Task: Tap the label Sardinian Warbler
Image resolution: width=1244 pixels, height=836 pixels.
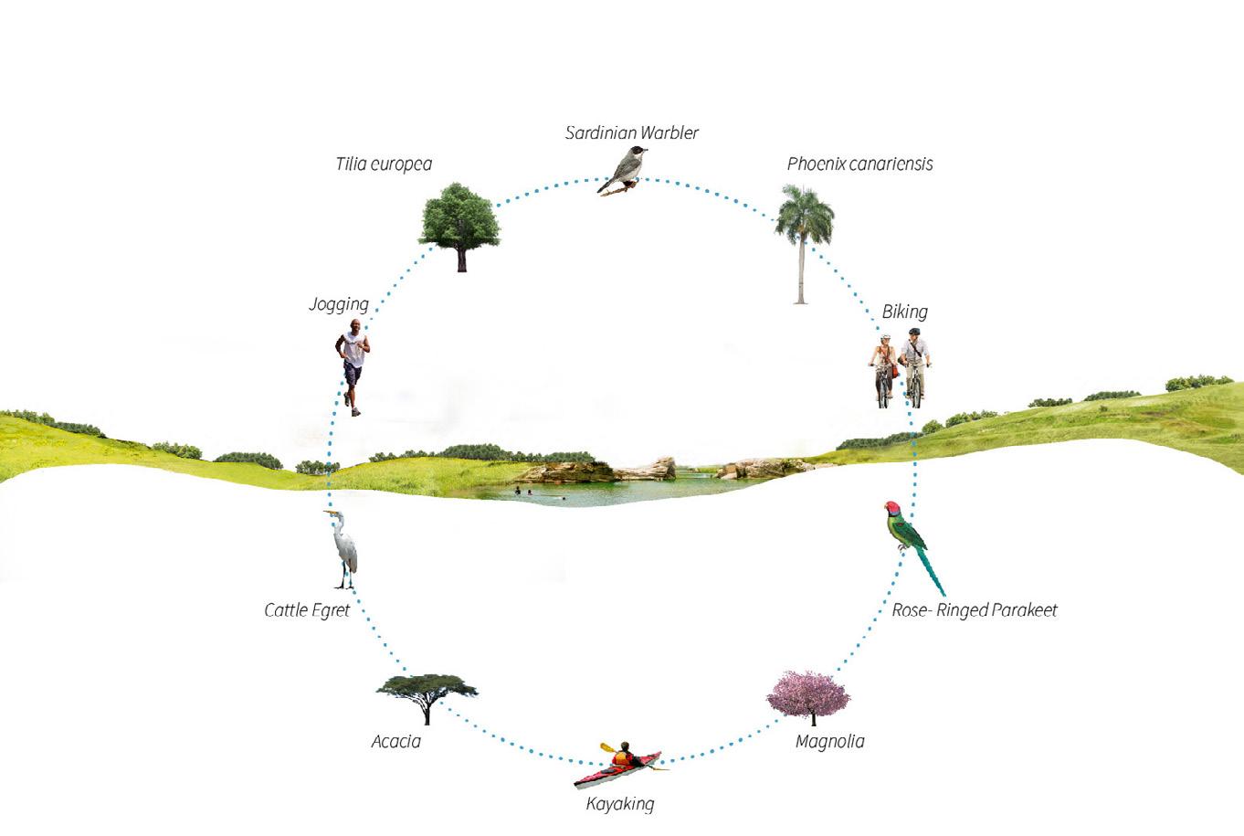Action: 631,132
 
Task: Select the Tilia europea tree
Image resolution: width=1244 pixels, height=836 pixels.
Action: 459,222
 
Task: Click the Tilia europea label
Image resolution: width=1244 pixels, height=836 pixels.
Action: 384,164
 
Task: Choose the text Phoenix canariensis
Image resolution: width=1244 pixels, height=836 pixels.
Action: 859,164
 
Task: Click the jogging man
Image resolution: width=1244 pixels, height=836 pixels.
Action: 353,365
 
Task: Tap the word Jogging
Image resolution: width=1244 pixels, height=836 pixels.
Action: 339,304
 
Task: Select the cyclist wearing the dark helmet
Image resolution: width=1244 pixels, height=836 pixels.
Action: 914,365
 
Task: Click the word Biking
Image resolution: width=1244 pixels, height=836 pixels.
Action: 904,312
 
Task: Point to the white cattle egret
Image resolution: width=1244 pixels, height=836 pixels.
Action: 343,547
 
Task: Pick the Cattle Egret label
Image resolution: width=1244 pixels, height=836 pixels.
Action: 307,609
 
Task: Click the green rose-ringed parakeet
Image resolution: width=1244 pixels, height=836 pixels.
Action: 911,539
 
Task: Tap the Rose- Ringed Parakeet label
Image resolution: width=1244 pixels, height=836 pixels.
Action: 974,609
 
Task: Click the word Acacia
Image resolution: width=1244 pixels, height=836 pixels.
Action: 395,741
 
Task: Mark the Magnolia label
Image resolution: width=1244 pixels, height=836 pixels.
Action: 829,741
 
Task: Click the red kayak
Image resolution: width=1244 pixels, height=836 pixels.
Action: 617,770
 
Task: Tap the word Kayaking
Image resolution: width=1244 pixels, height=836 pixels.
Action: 619,804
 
